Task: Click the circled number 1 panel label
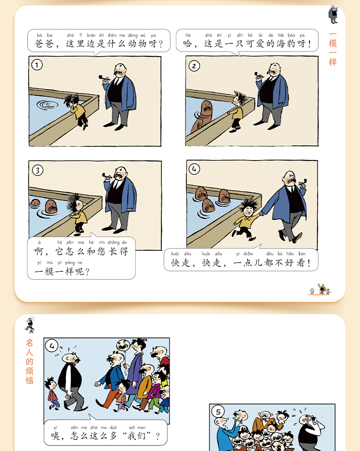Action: (x=37, y=65)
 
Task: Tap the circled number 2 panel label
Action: (x=194, y=66)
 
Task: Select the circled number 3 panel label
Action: (x=38, y=170)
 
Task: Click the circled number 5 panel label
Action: (x=218, y=412)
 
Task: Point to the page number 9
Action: (x=312, y=291)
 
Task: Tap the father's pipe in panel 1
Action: (x=103, y=78)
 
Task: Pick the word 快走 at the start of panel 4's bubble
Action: (x=180, y=263)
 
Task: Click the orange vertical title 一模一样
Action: (x=333, y=49)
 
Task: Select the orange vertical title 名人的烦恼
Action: (x=30, y=362)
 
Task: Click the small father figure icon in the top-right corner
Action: (x=333, y=15)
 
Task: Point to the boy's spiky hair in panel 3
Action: (x=74, y=202)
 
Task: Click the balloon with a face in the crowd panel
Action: (x=123, y=345)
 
